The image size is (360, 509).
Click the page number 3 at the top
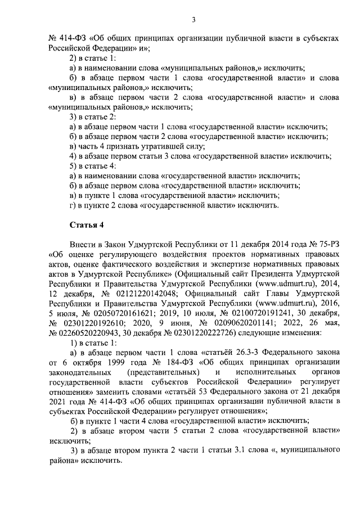pyautogui.click(x=193, y=21)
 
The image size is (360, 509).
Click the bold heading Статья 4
pyautogui.click(x=85, y=226)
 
